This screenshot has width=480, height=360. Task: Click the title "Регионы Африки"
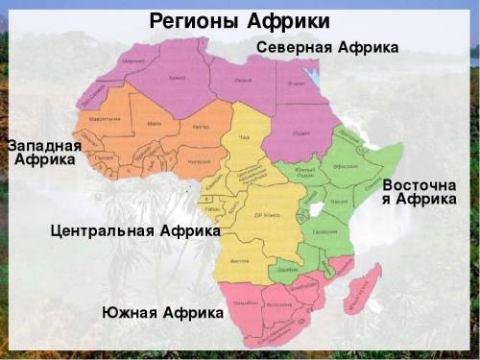pos(239,20)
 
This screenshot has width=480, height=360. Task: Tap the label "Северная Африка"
pos(327,47)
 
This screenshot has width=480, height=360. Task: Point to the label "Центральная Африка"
pos(135,231)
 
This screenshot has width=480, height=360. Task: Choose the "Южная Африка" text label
pos(162,313)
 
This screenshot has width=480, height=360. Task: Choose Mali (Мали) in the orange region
pos(154,124)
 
